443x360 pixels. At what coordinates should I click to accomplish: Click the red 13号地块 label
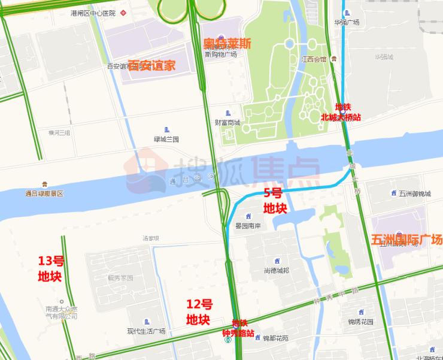click(50, 269)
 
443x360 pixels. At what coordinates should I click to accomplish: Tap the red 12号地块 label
click(199, 311)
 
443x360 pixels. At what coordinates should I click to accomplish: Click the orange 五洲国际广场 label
click(406, 240)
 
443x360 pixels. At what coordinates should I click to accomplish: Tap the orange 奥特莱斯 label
click(227, 44)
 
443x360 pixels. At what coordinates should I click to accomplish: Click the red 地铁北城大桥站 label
click(341, 113)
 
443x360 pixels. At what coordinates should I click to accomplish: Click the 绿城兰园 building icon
click(166, 129)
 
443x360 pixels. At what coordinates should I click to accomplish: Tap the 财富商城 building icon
click(227, 113)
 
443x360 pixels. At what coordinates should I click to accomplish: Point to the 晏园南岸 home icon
click(247, 216)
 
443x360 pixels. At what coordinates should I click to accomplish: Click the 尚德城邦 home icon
click(277, 261)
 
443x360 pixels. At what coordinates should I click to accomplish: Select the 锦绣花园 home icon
click(361, 312)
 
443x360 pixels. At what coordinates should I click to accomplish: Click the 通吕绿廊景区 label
click(44, 193)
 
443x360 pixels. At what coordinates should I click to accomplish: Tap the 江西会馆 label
click(314, 59)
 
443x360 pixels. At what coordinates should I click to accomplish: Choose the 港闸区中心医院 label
click(93, 13)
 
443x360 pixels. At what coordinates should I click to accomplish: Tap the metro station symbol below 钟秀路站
click(227, 340)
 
